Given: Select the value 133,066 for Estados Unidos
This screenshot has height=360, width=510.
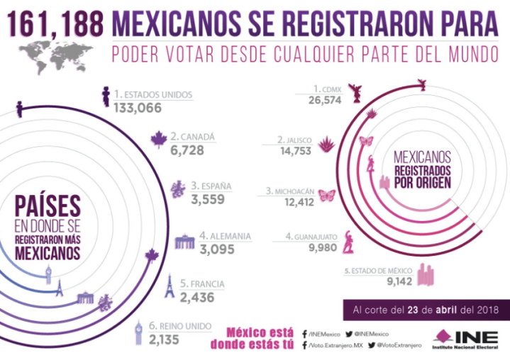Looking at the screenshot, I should click(x=138, y=108).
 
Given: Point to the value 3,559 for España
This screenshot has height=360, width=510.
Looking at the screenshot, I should click(x=208, y=199).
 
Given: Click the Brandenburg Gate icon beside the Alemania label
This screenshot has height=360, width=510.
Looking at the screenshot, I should click(x=184, y=241).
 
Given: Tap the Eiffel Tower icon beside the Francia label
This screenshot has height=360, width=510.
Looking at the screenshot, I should click(x=170, y=287).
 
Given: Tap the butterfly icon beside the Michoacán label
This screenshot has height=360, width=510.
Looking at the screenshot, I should click(x=327, y=194).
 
